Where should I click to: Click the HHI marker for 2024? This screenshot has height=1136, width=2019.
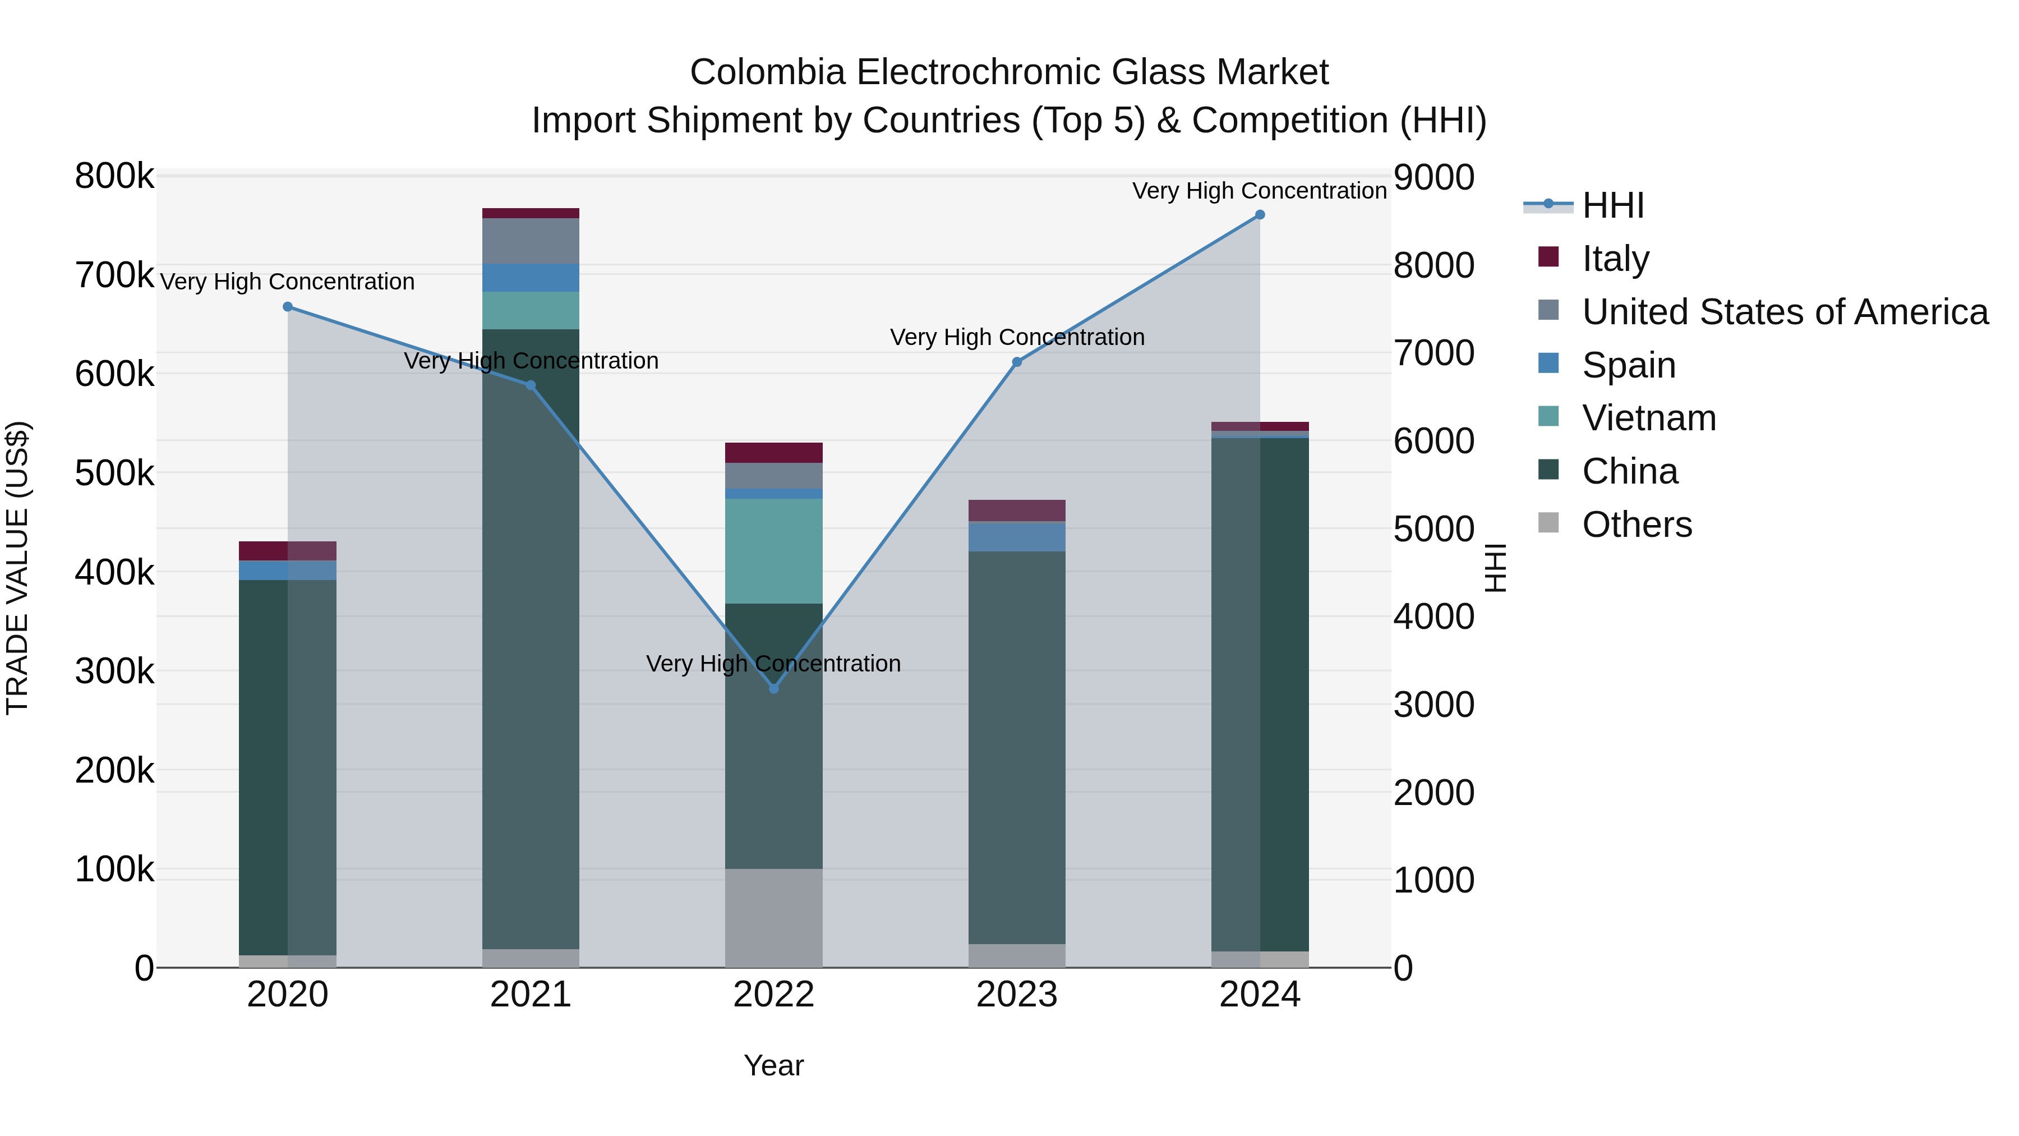(1260, 215)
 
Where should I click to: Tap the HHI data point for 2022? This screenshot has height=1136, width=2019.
(773, 688)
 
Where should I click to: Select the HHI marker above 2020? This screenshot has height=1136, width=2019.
(288, 306)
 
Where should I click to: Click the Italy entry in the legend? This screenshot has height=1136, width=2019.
(1615, 258)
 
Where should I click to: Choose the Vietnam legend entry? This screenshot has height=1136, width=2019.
(1648, 418)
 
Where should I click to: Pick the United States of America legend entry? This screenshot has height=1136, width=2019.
(1785, 311)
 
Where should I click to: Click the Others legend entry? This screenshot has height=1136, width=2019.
(1637, 525)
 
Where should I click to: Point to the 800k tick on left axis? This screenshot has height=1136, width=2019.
(114, 176)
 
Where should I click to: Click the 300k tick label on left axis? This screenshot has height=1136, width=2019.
(114, 671)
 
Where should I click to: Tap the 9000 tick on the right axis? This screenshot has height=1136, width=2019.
(1433, 177)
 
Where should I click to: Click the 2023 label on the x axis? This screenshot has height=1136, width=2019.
(1017, 995)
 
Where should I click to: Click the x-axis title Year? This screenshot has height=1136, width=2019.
(773, 1065)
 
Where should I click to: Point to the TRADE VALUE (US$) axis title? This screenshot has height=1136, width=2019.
(17, 568)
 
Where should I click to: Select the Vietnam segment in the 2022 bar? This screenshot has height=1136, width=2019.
(773, 551)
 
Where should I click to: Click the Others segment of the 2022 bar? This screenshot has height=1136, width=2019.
(773, 917)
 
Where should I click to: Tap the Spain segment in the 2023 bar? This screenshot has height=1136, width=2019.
(1017, 536)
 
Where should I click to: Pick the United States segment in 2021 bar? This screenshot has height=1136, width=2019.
(531, 241)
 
